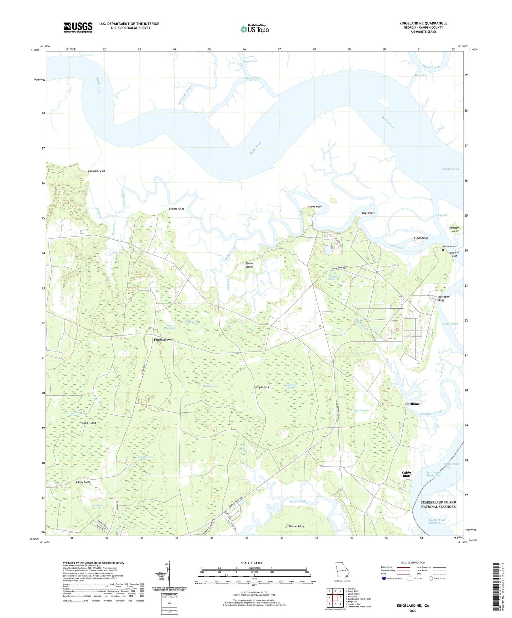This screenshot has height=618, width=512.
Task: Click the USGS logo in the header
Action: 78,27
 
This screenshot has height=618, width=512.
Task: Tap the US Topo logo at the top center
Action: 254,29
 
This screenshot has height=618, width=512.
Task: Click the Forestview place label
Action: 162,340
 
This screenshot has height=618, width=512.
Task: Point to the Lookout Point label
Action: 96,171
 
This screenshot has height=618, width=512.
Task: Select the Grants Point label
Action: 176,209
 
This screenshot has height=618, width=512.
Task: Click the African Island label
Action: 250,265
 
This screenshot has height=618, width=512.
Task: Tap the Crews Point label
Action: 315,207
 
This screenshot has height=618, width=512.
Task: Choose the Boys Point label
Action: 368,213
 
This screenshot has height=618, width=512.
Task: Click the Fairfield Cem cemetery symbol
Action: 443,250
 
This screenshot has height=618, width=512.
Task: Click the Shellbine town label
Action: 412,404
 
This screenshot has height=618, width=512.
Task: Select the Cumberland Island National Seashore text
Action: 438,504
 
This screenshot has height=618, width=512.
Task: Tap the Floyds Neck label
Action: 262,387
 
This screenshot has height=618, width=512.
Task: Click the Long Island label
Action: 89,423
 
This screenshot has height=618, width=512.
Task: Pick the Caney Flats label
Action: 83,482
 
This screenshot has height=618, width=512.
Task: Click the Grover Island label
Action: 297,526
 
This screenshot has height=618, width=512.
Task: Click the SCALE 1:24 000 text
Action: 252,563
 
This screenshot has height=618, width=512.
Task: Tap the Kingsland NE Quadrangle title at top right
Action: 423,23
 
